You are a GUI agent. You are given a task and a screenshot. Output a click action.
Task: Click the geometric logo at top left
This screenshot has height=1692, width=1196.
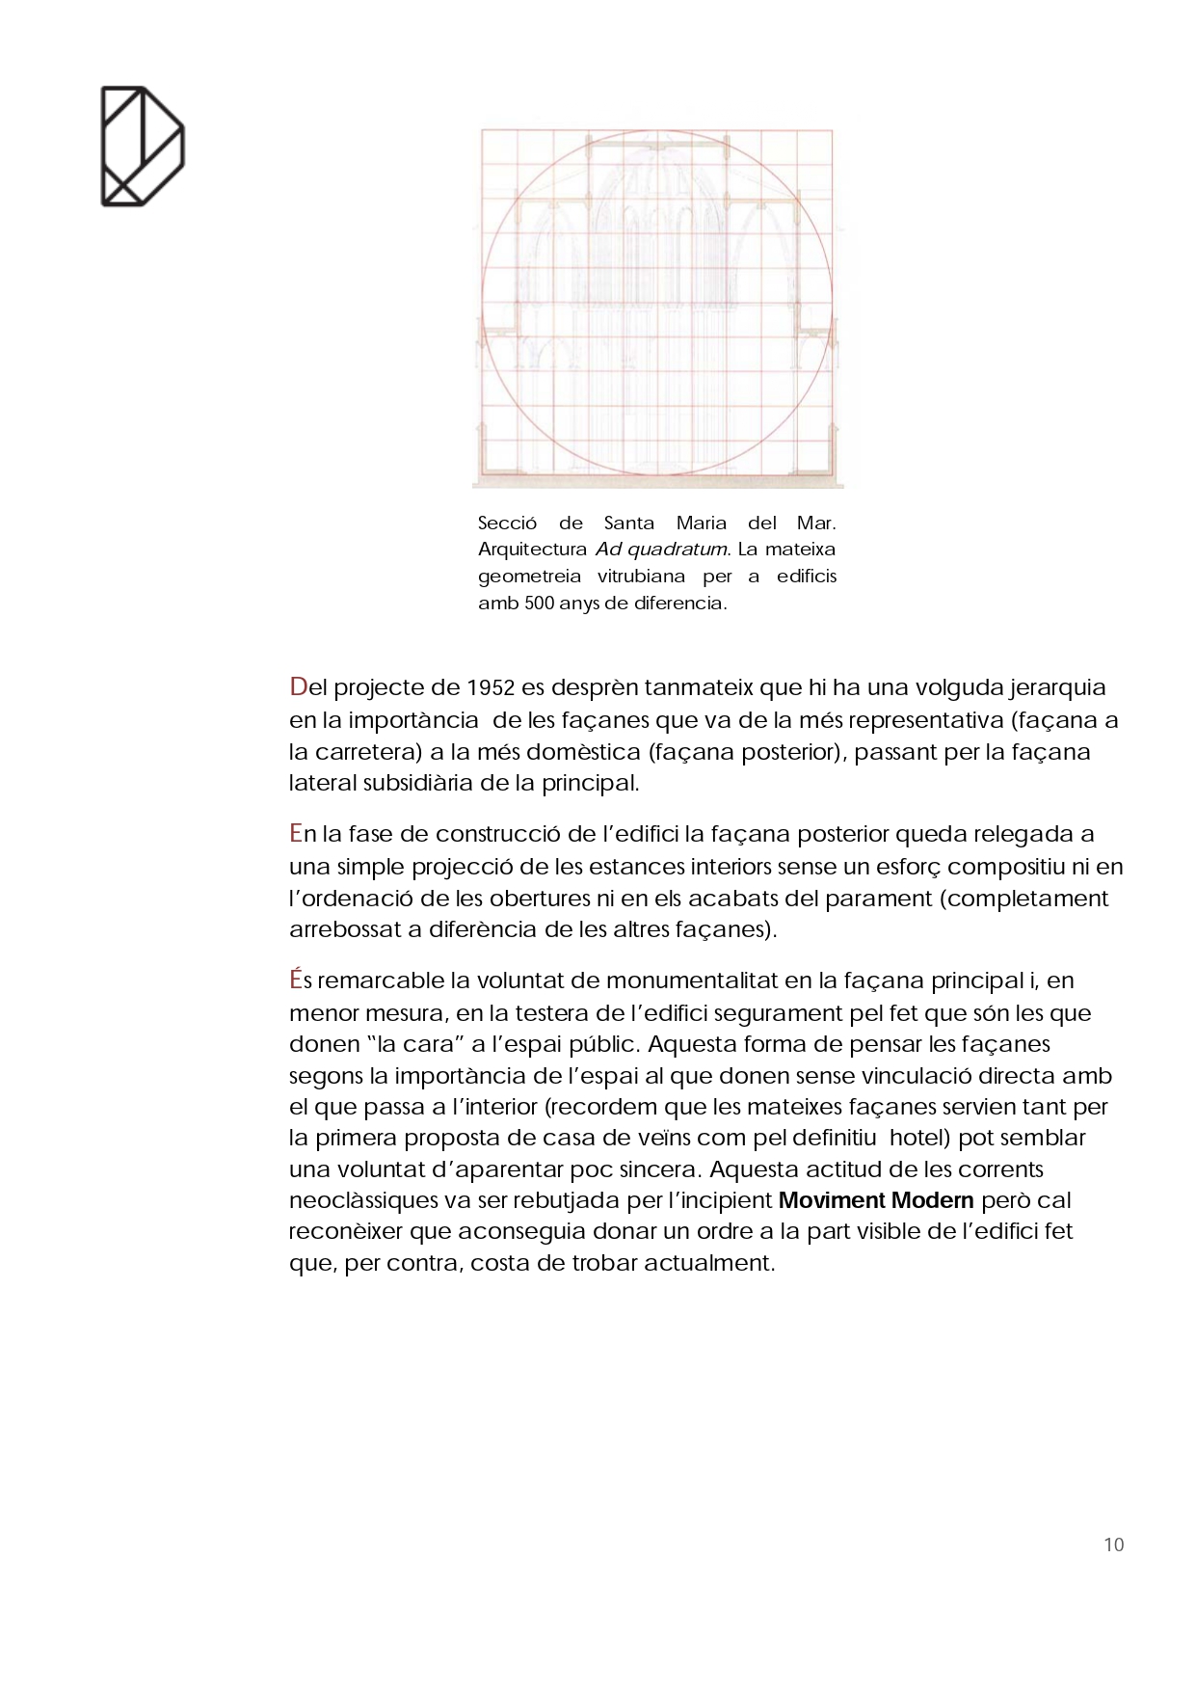(142, 146)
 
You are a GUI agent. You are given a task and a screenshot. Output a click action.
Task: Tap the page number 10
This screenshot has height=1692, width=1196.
(1113, 1544)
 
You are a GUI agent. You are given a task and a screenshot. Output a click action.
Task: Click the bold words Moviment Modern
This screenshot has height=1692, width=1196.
(876, 1200)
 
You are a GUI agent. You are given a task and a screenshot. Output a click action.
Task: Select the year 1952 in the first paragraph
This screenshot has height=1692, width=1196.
(491, 687)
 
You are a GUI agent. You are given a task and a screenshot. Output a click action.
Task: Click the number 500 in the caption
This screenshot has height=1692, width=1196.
(540, 604)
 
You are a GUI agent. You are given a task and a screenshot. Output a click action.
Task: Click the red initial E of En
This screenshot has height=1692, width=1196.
(296, 834)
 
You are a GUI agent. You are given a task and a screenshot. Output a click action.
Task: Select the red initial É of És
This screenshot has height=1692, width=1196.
(296, 980)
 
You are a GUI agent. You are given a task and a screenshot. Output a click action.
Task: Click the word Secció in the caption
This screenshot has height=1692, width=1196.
(507, 524)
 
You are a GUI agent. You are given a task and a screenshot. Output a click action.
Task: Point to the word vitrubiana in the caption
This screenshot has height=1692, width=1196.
(641, 577)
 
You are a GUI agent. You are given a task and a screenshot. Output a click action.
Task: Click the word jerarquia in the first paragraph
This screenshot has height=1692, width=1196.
(1057, 688)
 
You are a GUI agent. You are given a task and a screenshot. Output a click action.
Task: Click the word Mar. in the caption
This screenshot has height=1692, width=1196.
(815, 524)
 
